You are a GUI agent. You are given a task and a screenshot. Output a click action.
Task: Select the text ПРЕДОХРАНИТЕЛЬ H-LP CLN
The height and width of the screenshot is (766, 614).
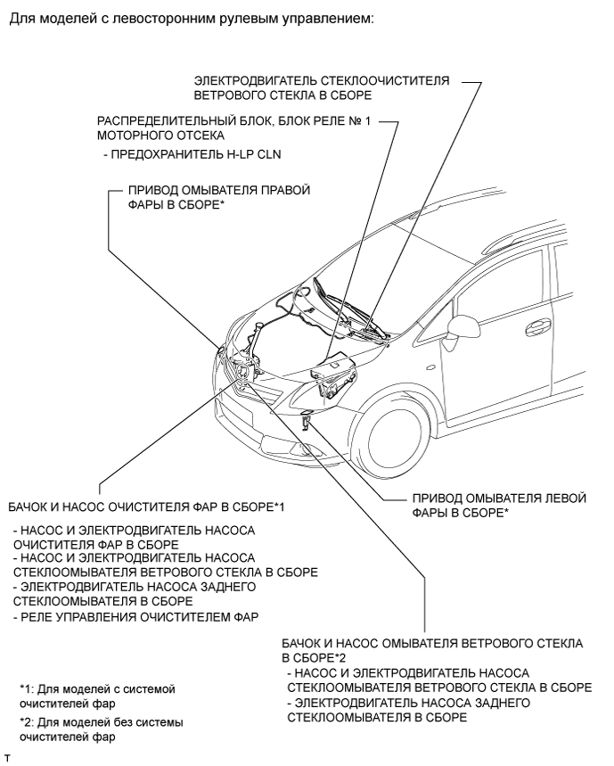tap(173, 154)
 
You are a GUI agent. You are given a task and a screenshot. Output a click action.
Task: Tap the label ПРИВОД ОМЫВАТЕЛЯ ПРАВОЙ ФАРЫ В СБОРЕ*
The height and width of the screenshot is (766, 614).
tap(217, 197)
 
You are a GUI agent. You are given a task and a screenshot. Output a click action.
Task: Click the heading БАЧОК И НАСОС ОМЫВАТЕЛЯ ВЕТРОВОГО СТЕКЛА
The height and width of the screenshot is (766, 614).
tap(431, 648)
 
